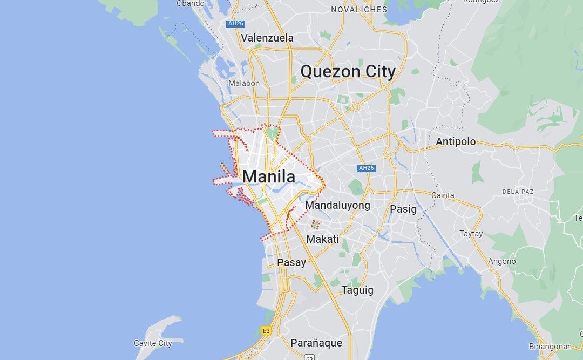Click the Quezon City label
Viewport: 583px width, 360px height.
pyautogui.click(x=348, y=71)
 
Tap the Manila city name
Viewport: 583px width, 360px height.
pyautogui.click(x=268, y=176)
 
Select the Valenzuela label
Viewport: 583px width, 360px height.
pyautogui.click(x=267, y=38)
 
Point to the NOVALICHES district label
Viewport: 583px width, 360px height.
pyautogui.click(x=359, y=10)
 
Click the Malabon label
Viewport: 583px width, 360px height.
pyautogui.click(x=243, y=83)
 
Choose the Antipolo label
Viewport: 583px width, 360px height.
pyautogui.click(x=456, y=142)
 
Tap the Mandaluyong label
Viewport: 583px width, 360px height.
pyautogui.click(x=338, y=205)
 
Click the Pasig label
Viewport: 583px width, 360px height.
pyautogui.click(x=403, y=208)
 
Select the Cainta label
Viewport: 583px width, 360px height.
pyautogui.click(x=443, y=195)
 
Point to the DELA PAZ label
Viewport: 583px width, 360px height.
pyautogui.click(x=518, y=191)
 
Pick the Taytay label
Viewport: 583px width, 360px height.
pyautogui.click(x=471, y=234)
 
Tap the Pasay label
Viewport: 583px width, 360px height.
pyautogui.click(x=291, y=263)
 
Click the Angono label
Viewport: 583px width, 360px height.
pyautogui.click(x=501, y=261)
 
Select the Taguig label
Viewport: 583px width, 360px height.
pyautogui.click(x=357, y=290)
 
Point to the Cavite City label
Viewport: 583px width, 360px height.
pyautogui.click(x=153, y=343)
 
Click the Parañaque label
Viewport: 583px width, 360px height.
pyautogui.click(x=316, y=342)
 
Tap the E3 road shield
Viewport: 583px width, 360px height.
pyautogui.click(x=266, y=330)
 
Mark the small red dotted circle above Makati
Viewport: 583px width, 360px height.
pyautogui.click(x=315, y=224)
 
